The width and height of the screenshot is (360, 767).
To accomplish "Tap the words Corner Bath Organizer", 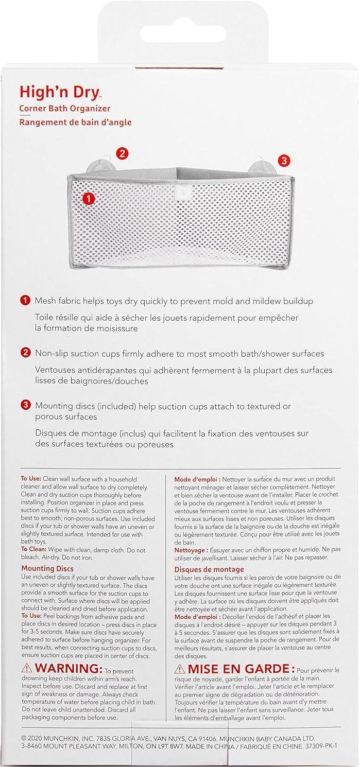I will pos(65,109).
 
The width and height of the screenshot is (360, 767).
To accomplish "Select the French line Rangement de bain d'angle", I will pos(76,123).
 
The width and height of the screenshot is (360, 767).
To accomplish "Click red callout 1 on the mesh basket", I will pos(89,198).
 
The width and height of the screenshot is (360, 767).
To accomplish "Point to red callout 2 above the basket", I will pos(122,153).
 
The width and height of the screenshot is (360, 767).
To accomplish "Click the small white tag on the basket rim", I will pos(180,193).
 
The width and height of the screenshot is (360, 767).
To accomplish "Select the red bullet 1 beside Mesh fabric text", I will pos(25,300).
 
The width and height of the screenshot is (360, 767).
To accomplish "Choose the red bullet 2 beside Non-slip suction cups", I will pos(25,353).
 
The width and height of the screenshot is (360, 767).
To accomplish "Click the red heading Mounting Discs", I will pos(47,568).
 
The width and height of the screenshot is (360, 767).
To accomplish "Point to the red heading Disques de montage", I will pos(209,569).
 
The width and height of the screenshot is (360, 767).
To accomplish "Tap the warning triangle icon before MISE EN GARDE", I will pos(180,669).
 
